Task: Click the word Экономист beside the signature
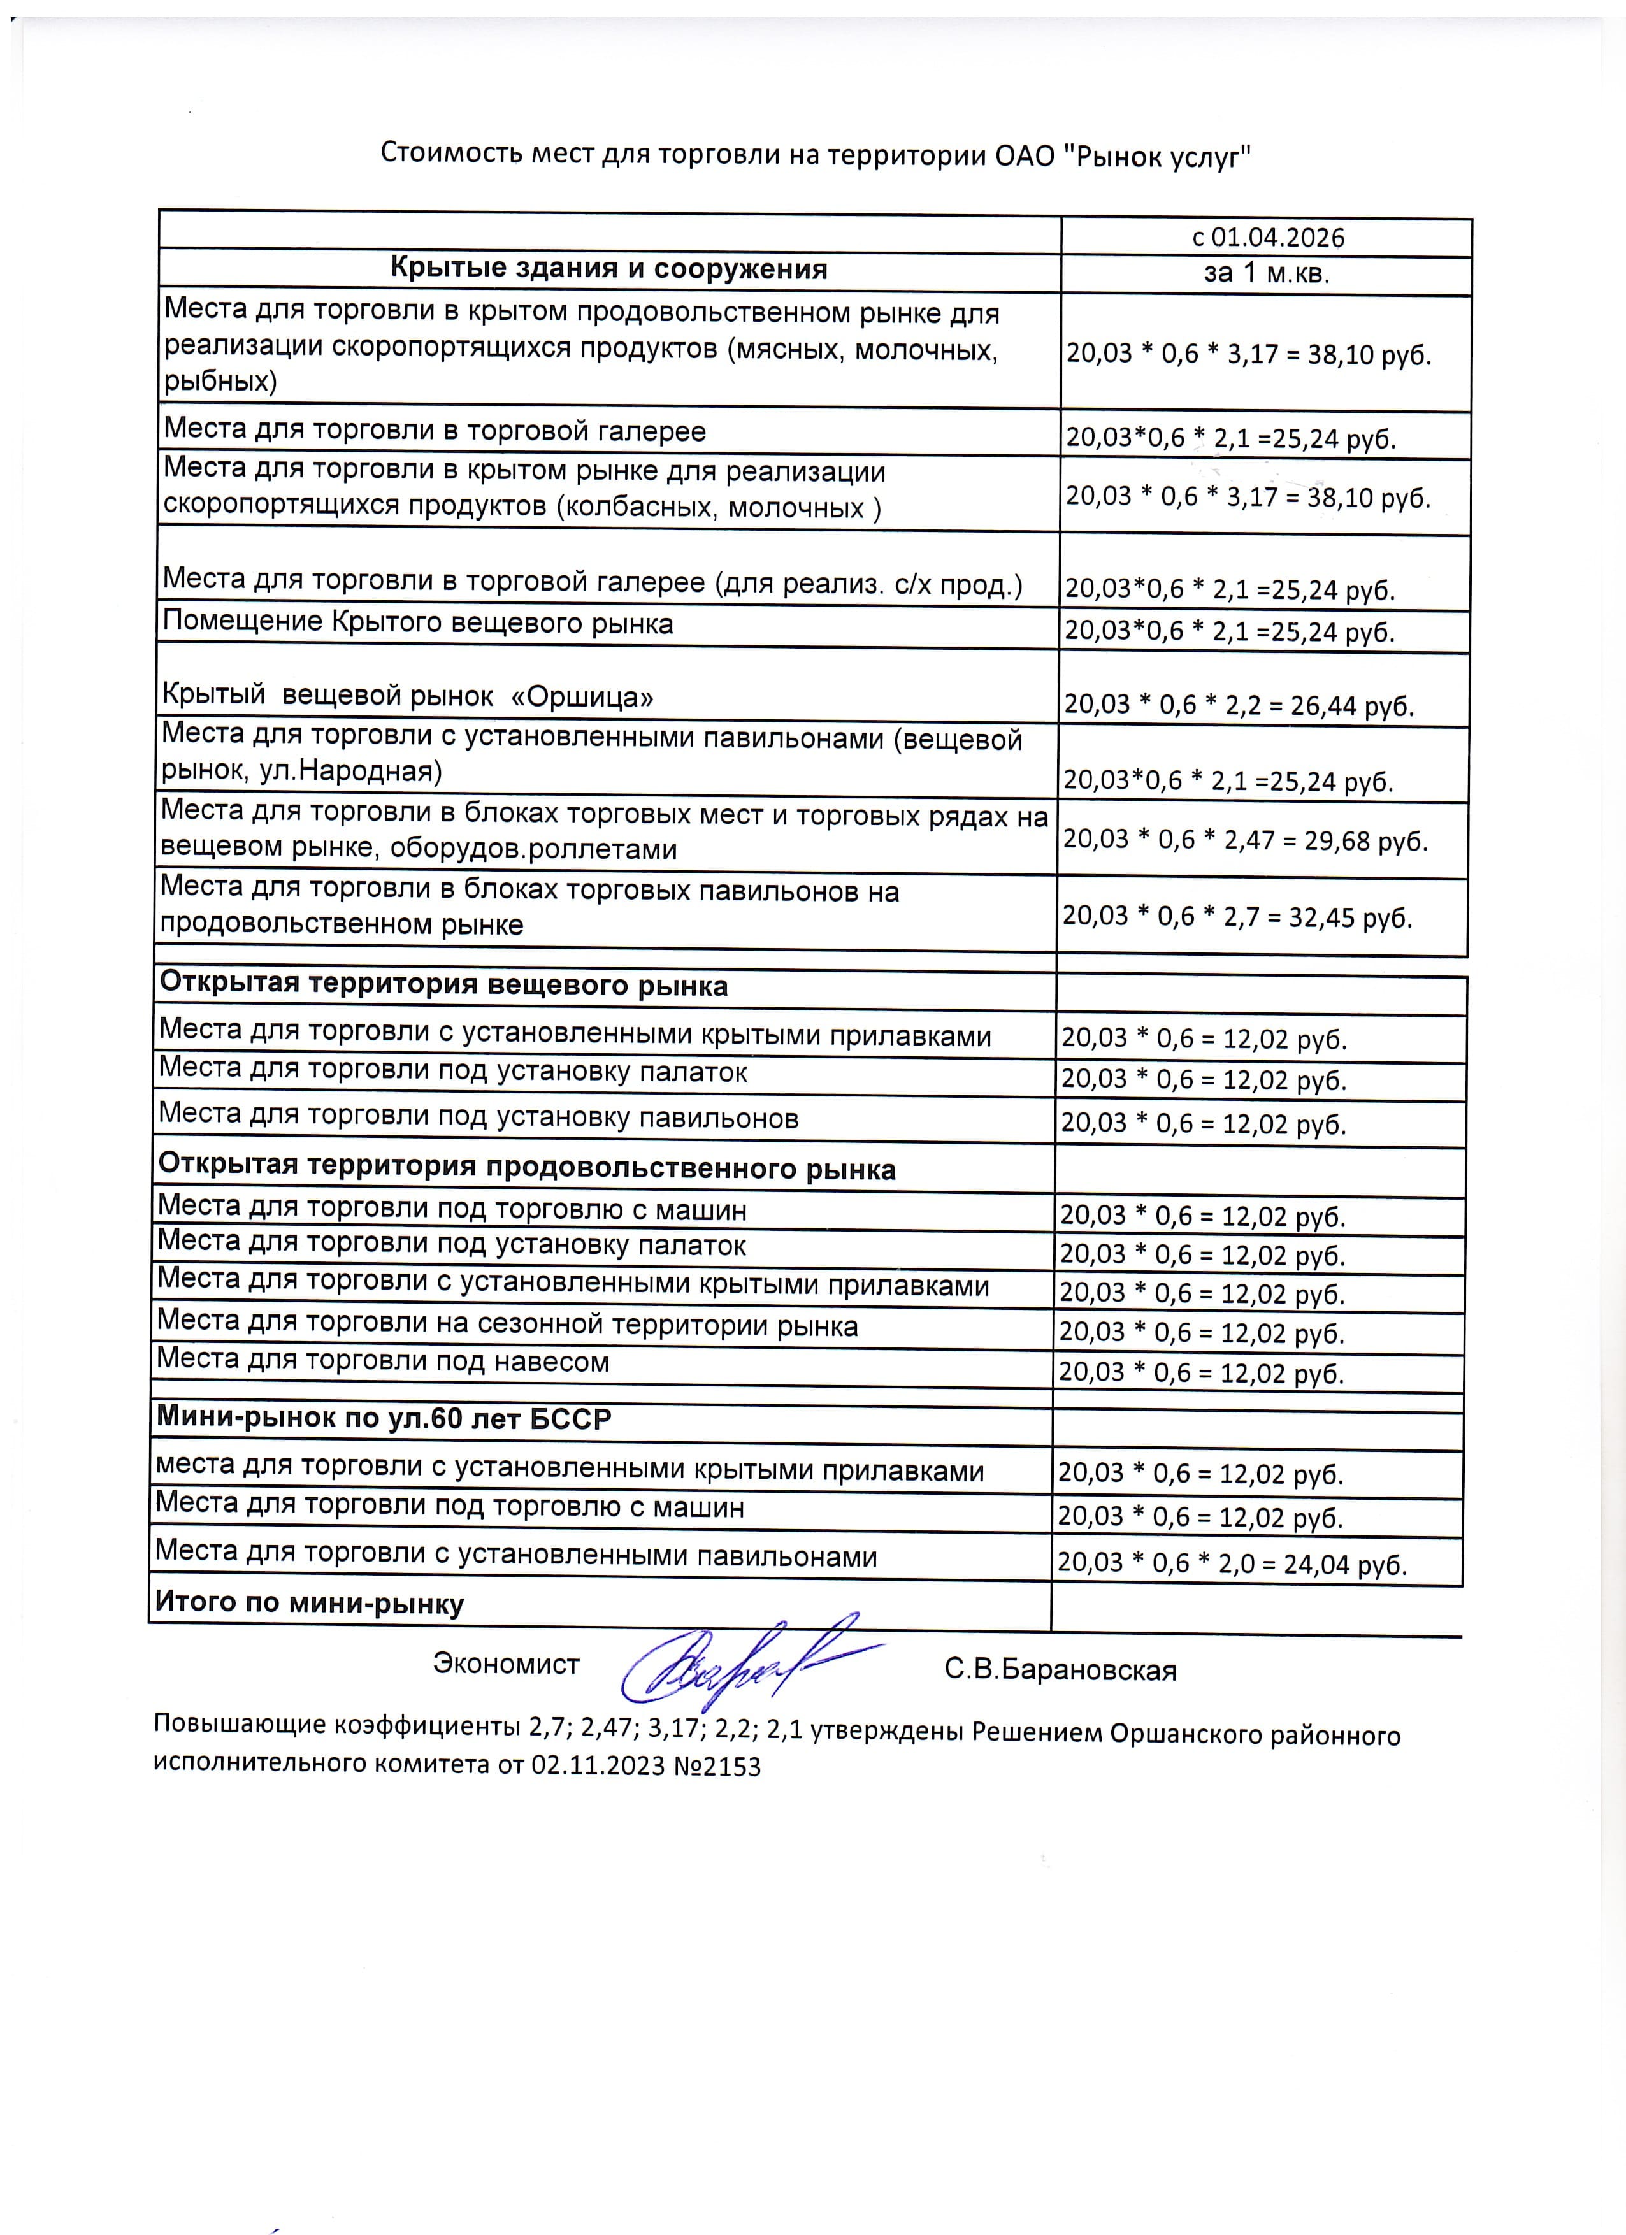pos(505,1664)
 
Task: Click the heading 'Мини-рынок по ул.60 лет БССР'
pos(384,1418)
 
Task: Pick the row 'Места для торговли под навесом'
pos(382,1362)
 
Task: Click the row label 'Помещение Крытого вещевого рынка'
pos(418,623)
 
